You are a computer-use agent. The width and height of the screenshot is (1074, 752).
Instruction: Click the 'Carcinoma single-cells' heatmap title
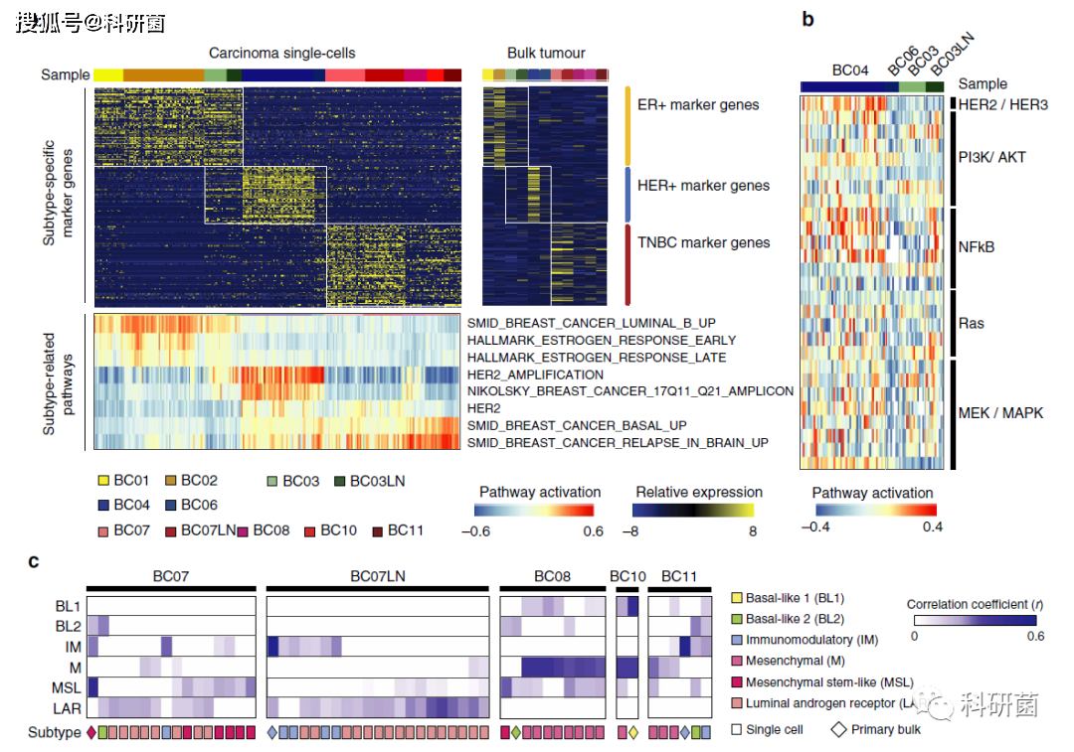coord(281,53)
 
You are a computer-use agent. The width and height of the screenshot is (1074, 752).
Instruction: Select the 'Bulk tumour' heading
coord(546,53)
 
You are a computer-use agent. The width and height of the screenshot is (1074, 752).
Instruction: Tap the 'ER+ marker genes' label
coord(698,104)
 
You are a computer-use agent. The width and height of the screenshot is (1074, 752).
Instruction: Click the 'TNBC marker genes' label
coord(704,242)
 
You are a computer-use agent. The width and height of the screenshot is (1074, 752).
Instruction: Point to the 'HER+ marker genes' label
coord(703,185)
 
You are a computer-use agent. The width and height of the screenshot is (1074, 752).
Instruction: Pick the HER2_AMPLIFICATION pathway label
coord(535,375)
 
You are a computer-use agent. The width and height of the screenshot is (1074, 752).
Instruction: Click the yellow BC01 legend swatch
coord(102,481)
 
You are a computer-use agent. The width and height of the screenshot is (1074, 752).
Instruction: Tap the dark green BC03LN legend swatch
coord(341,481)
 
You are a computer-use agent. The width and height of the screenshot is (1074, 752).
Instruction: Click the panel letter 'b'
coord(808,19)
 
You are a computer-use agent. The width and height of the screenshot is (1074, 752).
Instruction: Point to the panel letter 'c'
coord(34,562)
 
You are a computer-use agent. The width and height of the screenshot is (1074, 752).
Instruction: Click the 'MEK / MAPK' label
coord(1000,412)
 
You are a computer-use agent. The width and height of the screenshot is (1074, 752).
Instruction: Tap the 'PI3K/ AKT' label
coord(991,157)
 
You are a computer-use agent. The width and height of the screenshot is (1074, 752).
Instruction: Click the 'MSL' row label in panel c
coord(67,687)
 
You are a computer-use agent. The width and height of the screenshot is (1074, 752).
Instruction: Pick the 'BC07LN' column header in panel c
coord(377,576)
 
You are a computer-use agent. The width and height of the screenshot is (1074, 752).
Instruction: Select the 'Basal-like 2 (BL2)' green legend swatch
coord(736,619)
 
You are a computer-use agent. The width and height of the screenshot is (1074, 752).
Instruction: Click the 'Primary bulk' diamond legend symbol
coord(839,729)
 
